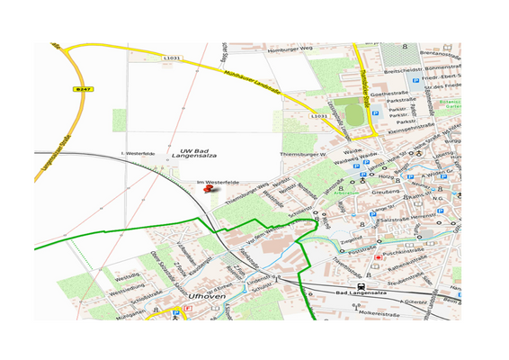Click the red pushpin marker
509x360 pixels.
coord(210,188)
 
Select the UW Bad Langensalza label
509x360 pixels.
coord(200,155)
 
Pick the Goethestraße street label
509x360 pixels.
coord(404,93)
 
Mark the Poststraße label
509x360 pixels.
coord(360,247)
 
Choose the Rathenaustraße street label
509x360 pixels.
coord(433,267)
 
